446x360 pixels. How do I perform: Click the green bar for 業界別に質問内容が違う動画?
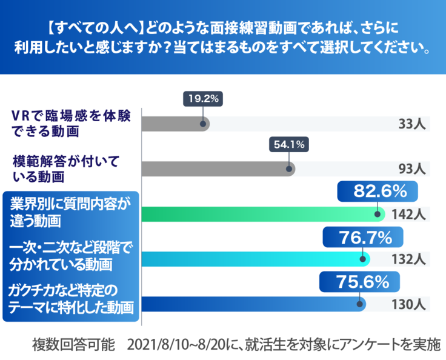[261, 214]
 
